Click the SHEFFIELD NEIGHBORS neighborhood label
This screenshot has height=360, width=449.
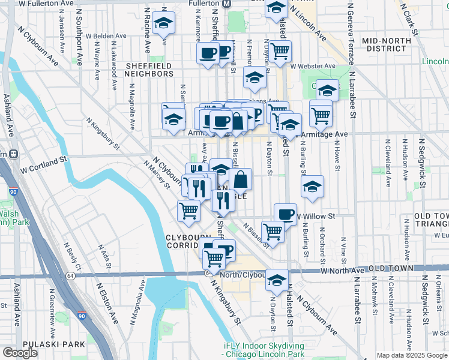[x=149, y=70]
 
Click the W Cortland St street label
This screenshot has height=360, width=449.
[x=43, y=163]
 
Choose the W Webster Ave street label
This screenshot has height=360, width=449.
[x=313, y=65]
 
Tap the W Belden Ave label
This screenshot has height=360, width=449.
[x=106, y=36]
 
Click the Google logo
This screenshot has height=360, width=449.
[x=20, y=353]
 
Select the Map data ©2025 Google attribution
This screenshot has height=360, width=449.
[x=411, y=355]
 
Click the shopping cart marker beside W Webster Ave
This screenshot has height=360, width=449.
[x=280, y=52]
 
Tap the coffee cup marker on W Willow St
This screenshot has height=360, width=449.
[x=286, y=214]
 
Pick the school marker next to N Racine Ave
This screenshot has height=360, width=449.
[x=163, y=23]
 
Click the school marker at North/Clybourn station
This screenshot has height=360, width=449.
[x=277, y=280]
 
